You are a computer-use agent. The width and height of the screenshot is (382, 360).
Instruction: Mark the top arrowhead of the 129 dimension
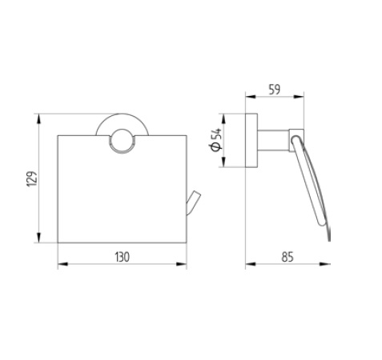38,118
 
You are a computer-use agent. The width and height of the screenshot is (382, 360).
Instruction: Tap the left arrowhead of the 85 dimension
247,264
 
